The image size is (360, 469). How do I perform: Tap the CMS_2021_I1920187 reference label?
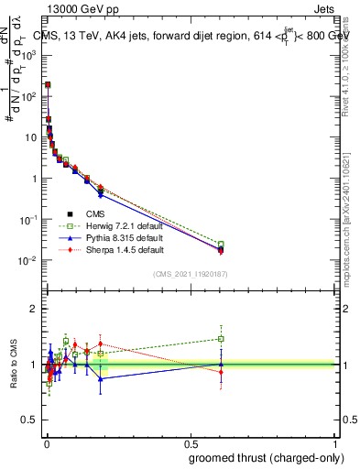click(189, 273)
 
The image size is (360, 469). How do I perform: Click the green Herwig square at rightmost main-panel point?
click(221, 245)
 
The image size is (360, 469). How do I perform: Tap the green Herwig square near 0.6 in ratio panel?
click(221, 339)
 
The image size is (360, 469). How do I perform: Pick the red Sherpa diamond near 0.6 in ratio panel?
click(221, 372)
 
